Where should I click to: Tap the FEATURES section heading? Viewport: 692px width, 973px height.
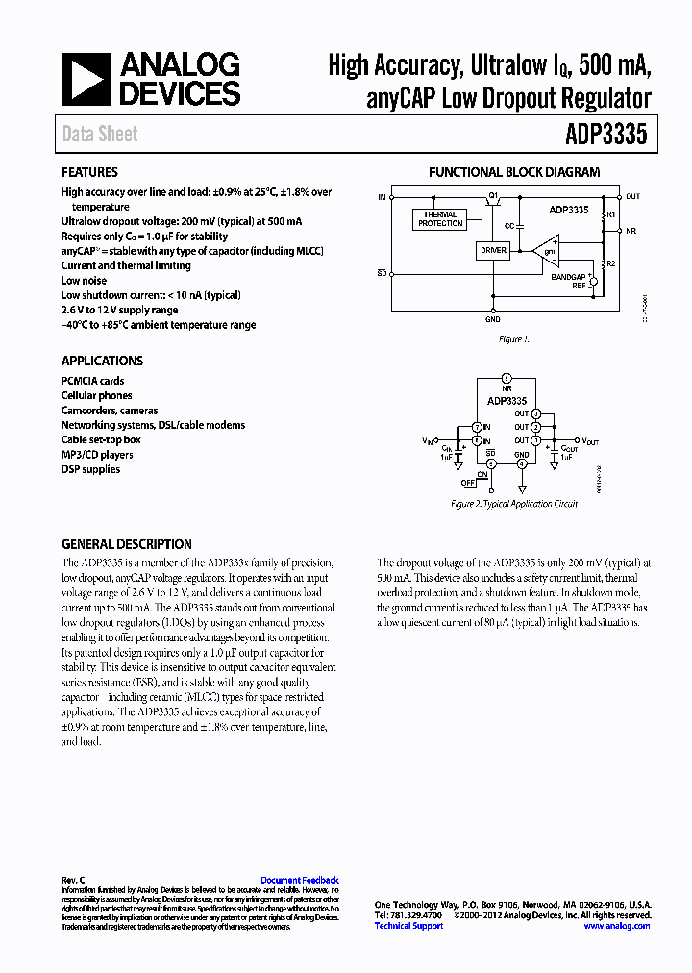pyautogui.click(x=89, y=172)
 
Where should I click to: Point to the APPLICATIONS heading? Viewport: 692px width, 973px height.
pyautogui.click(x=102, y=361)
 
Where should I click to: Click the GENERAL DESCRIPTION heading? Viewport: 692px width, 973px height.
pyautogui.click(x=126, y=544)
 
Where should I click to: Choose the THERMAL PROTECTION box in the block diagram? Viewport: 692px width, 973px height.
pyautogui.click(x=440, y=219)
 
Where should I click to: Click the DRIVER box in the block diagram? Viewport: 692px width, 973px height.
pyautogui.click(x=492, y=250)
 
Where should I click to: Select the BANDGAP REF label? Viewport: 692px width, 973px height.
pyautogui.click(x=568, y=281)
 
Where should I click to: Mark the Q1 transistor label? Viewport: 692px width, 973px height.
pyautogui.click(x=493, y=195)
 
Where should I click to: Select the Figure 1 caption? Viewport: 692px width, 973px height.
pyautogui.click(x=513, y=339)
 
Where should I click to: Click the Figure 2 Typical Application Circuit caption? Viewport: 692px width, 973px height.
pyautogui.click(x=514, y=504)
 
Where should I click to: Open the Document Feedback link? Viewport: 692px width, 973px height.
pyautogui.click(x=300, y=880)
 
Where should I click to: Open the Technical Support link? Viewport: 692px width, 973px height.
pyautogui.click(x=408, y=926)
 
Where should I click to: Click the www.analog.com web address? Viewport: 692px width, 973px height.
pyautogui.click(x=616, y=926)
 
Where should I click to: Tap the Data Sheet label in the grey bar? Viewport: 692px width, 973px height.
pyautogui.click(x=100, y=135)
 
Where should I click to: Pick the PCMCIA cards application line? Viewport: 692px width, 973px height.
pyautogui.click(x=93, y=381)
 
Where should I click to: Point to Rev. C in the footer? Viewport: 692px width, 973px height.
pyautogui.click(x=73, y=880)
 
